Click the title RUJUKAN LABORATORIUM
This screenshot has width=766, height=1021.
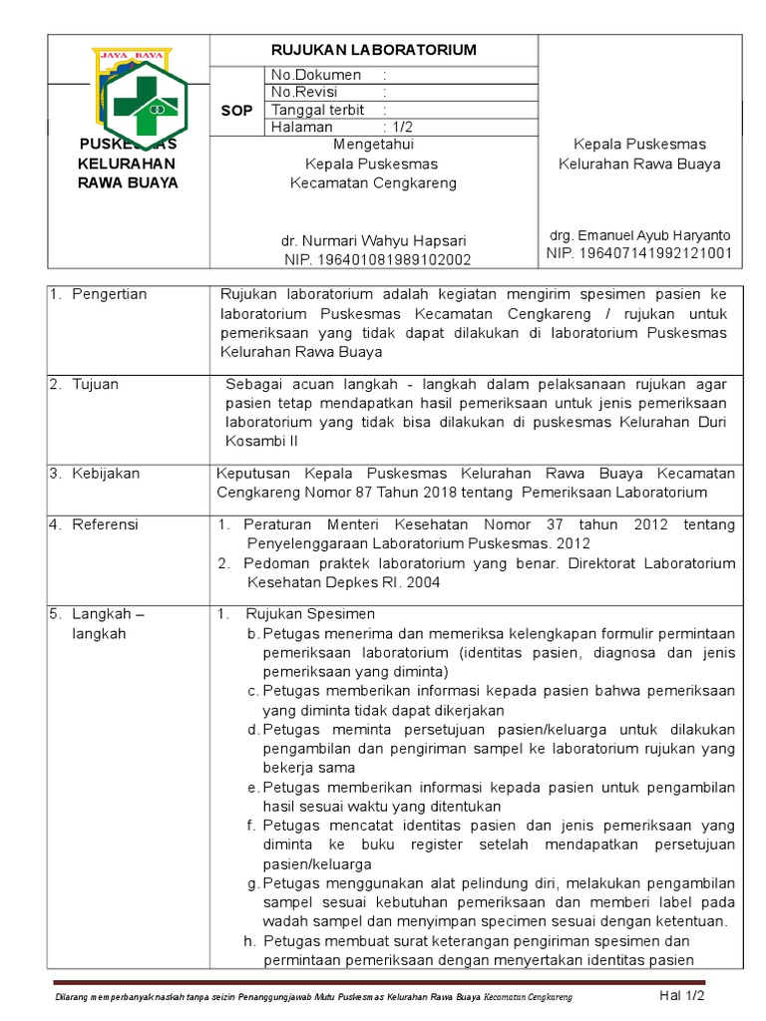click(x=374, y=50)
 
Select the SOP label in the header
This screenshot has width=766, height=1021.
click(x=236, y=110)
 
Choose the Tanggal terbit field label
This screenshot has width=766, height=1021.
click(x=318, y=110)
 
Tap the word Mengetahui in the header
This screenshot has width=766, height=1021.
click(x=373, y=145)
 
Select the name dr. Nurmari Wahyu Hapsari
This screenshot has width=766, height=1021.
click(x=373, y=241)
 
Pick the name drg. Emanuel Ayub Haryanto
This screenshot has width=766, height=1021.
click(x=639, y=235)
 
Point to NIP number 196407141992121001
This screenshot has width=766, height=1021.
click(x=639, y=253)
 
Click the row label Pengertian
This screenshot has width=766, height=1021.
click(x=109, y=294)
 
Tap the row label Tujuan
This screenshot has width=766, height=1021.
click(x=96, y=384)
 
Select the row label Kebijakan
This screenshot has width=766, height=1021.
click(x=106, y=474)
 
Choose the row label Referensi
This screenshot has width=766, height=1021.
click(x=105, y=524)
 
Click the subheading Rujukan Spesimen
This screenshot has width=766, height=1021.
click(x=310, y=613)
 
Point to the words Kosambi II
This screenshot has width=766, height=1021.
click(x=256, y=441)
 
